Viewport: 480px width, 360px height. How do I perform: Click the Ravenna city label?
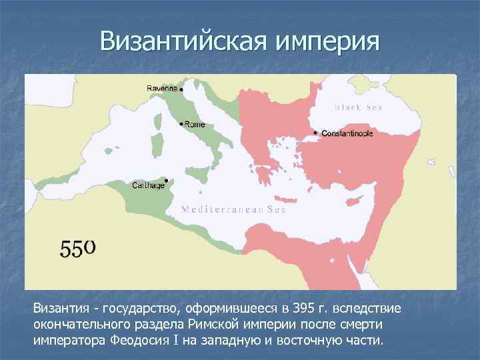tap(162, 88)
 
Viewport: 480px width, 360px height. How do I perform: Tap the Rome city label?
tap(195, 125)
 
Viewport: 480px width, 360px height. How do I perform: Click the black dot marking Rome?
tap(181, 124)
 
